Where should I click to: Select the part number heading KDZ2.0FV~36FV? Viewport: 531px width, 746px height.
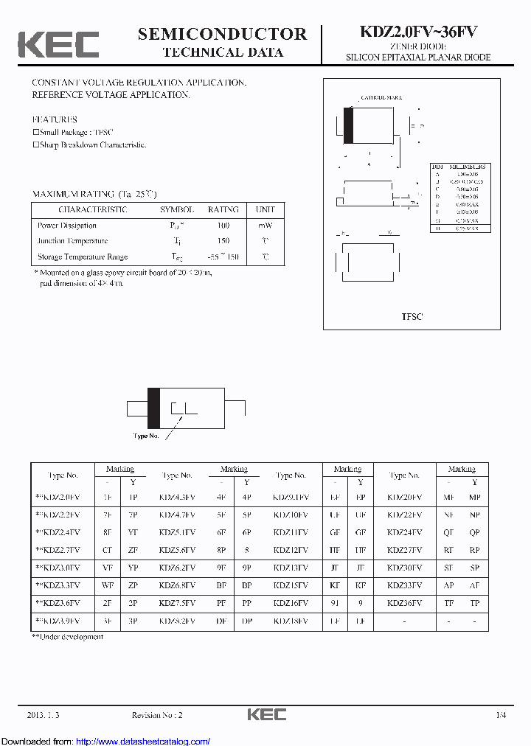coord(418,32)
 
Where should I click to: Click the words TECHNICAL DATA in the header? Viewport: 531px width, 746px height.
coord(222,52)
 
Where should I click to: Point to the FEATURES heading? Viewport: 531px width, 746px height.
coord(55,119)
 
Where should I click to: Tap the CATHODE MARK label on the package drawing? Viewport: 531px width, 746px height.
coord(381,97)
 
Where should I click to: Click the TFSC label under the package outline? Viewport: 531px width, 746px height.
coord(412,316)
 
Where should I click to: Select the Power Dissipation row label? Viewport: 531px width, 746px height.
coord(67,226)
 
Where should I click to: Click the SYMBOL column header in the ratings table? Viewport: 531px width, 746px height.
coord(177,209)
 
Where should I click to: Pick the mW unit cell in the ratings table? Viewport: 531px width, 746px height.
coord(265,226)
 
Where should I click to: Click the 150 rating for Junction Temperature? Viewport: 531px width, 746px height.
coord(223,241)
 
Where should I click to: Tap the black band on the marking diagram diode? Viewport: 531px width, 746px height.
coord(154,407)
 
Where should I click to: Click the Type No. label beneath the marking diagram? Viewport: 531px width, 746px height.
coord(146,436)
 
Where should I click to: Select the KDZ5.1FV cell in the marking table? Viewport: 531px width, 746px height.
coord(177,532)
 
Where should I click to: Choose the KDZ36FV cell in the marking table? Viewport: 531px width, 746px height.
coord(405,603)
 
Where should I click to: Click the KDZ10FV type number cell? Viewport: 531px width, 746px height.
coord(291,515)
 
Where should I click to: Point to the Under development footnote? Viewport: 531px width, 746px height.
coord(68,637)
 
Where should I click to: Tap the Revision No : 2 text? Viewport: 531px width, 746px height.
coord(157,715)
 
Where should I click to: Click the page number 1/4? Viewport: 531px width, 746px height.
coord(501,715)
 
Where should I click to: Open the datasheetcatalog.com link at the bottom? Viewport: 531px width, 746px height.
coord(143,740)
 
